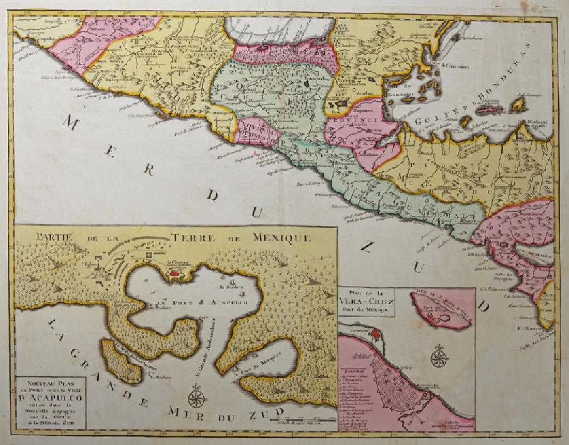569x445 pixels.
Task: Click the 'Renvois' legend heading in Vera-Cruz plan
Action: [x=357, y=371]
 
